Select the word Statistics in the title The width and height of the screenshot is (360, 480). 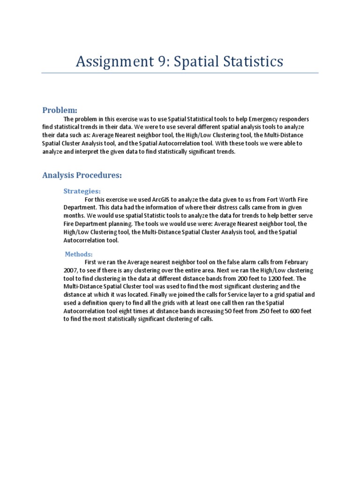coord(254,61)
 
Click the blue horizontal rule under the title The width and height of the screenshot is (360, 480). coord(180,73)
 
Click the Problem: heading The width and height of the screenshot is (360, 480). coord(60,110)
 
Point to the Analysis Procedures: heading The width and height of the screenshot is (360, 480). coord(82,175)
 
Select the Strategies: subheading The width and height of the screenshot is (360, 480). coord(82,191)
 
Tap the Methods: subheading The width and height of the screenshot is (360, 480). coord(79,254)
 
